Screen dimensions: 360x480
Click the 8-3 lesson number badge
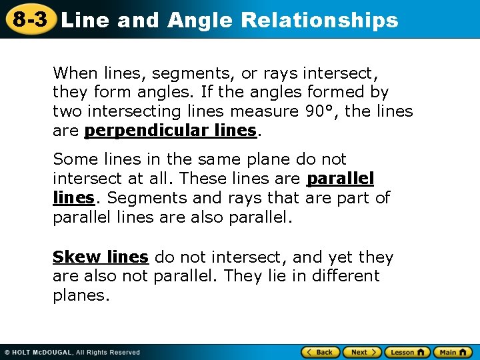pyautogui.click(x=29, y=19)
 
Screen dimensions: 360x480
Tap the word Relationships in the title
pyautogui.click(x=319, y=20)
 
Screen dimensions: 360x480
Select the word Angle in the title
pyautogui.click(x=201, y=20)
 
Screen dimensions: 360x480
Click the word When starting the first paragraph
pyautogui.click(x=75, y=73)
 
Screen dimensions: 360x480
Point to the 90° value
pyautogui.click(x=320, y=111)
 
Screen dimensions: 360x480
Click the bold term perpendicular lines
pyautogui.click(x=170, y=131)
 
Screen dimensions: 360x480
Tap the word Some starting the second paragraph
pyautogui.click(x=72, y=159)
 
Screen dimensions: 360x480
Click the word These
pyautogui.click(x=201, y=179)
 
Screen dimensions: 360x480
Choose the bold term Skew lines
pyautogui.click(x=100, y=257)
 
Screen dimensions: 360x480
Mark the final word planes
pyautogui.click(x=80, y=295)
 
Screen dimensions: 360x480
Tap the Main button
pyautogui.click(x=454, y=352)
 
